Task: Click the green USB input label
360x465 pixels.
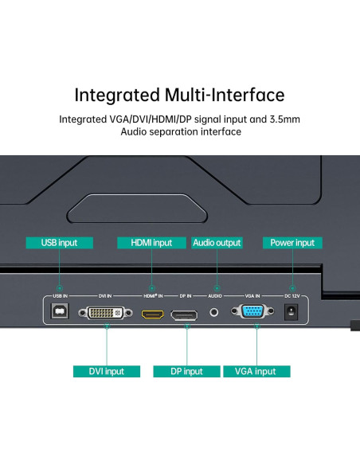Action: pos(59,243)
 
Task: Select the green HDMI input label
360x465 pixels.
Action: pos(151,243)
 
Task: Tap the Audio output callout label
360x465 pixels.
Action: pos(217,243)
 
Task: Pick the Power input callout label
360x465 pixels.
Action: pos(292,243)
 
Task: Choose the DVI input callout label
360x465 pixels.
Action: pos(106,371)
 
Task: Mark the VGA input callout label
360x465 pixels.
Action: pos(256,371)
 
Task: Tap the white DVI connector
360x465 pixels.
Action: pos(106,314)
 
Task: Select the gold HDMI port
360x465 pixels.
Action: pos(151,315)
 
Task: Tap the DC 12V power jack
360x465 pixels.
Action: pos(292,313)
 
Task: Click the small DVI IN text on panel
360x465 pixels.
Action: pos(105,295)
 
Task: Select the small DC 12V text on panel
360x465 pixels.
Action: pos(292,295)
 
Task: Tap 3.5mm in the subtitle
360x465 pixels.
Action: pos(284,119)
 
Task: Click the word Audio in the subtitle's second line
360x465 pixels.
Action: pos(135,132)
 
